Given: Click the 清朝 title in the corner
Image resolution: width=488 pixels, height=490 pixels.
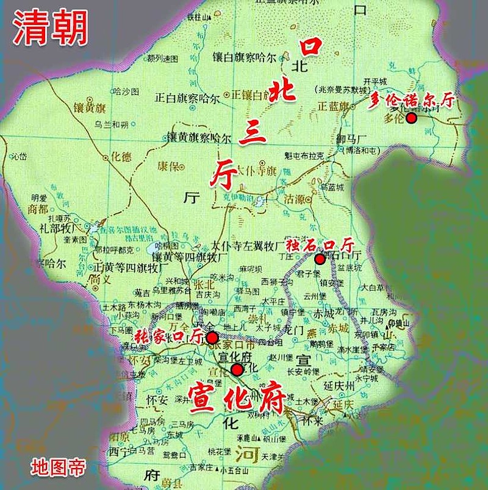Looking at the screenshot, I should coord(51,27).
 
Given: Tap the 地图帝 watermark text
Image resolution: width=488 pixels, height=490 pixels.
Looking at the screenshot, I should coord(59,467).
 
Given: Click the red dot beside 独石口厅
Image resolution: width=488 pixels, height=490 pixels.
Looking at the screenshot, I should coord(319,259).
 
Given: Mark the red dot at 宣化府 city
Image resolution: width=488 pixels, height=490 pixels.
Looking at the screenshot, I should coord(237,369).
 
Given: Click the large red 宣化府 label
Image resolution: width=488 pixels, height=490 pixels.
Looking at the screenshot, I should coord(237,397).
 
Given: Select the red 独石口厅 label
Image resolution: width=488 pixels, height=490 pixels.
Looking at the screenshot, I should coord(320,245).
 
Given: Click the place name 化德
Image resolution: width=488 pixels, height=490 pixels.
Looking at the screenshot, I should coord(120,157).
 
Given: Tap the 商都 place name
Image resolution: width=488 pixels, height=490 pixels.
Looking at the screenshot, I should coord(37,208).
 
